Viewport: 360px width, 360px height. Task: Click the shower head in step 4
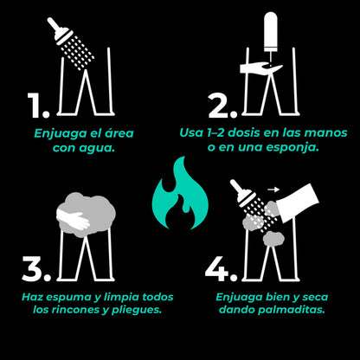tap(252, 207)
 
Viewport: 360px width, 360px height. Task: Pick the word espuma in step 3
tap(71, 296)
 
